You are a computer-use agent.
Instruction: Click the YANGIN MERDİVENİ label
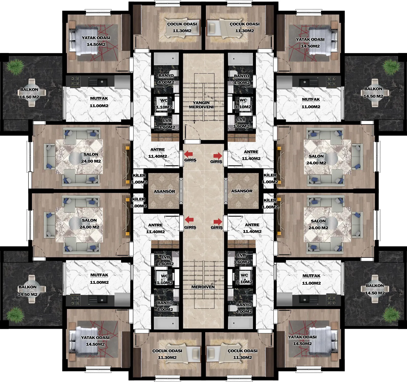click(x=201, y=105)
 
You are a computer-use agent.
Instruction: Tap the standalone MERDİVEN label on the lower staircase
click(x=203, y=287)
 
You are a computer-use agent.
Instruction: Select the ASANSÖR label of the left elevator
click(x=164, y=192)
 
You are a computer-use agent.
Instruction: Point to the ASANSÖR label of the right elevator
click(x=242, y=191)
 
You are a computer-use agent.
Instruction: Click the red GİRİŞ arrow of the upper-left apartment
click(x=188, y=154)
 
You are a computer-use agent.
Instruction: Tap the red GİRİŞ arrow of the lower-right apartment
click(x=218, y=222)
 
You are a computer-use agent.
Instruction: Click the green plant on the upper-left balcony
click(x=15, y=67)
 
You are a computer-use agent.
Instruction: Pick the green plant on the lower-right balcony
click(x=391, y=315)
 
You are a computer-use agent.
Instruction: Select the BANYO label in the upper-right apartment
click(x=241, y=76)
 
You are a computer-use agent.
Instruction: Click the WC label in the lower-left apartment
click(x=164, y=276)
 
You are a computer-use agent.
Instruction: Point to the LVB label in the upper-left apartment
click(x=167, y=121)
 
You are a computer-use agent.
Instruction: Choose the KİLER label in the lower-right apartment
click(x=270, y=200)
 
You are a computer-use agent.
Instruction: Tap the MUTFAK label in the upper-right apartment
click(x=311, y=100)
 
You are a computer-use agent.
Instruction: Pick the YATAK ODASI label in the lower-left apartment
click(x=95, y=338)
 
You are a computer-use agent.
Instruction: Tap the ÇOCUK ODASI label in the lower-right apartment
click(x=243, y=351)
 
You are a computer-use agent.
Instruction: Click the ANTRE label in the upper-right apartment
click(x=251, y=152)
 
